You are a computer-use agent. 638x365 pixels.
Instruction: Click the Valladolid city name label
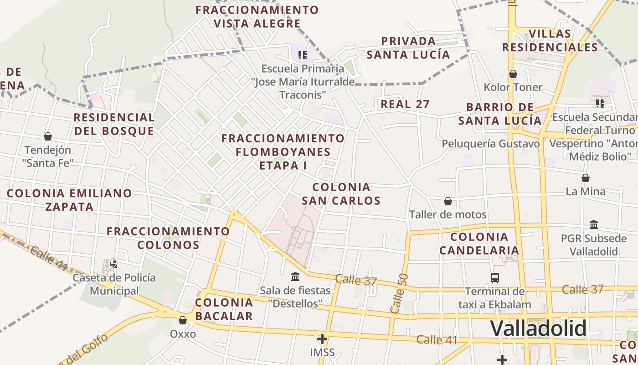click(538, 328)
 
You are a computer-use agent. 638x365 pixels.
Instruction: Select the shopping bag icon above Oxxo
click(183, 321)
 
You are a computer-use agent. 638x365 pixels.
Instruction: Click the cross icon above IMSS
click(322, 339)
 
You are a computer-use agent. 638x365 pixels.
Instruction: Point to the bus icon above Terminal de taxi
click(494, 277)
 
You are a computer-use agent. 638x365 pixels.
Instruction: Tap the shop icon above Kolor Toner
click(513, 74)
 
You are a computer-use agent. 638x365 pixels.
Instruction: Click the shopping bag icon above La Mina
click(586, 178)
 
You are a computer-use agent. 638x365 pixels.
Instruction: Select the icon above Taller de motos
click(448, 201)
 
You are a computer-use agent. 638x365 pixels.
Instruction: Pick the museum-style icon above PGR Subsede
click(594, 224)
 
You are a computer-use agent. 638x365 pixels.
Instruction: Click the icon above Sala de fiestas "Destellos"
click(295, 276)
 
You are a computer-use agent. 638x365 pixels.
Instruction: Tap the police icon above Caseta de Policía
click(114, 264)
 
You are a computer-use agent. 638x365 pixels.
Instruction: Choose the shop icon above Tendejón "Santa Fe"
click(48, 136)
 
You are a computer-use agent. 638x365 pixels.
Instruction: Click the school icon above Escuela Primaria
click(302, 55)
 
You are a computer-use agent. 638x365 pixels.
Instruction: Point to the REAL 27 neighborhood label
click(405, 104)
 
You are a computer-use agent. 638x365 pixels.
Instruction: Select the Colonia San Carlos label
click(341, 193)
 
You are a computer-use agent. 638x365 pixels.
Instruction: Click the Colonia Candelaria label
click(479, 243)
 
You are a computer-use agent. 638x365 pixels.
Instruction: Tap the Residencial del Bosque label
click(114, 124)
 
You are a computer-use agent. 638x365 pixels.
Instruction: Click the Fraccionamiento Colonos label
click(168, 238)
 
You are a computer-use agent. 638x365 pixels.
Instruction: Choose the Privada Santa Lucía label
click(408, 48)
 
